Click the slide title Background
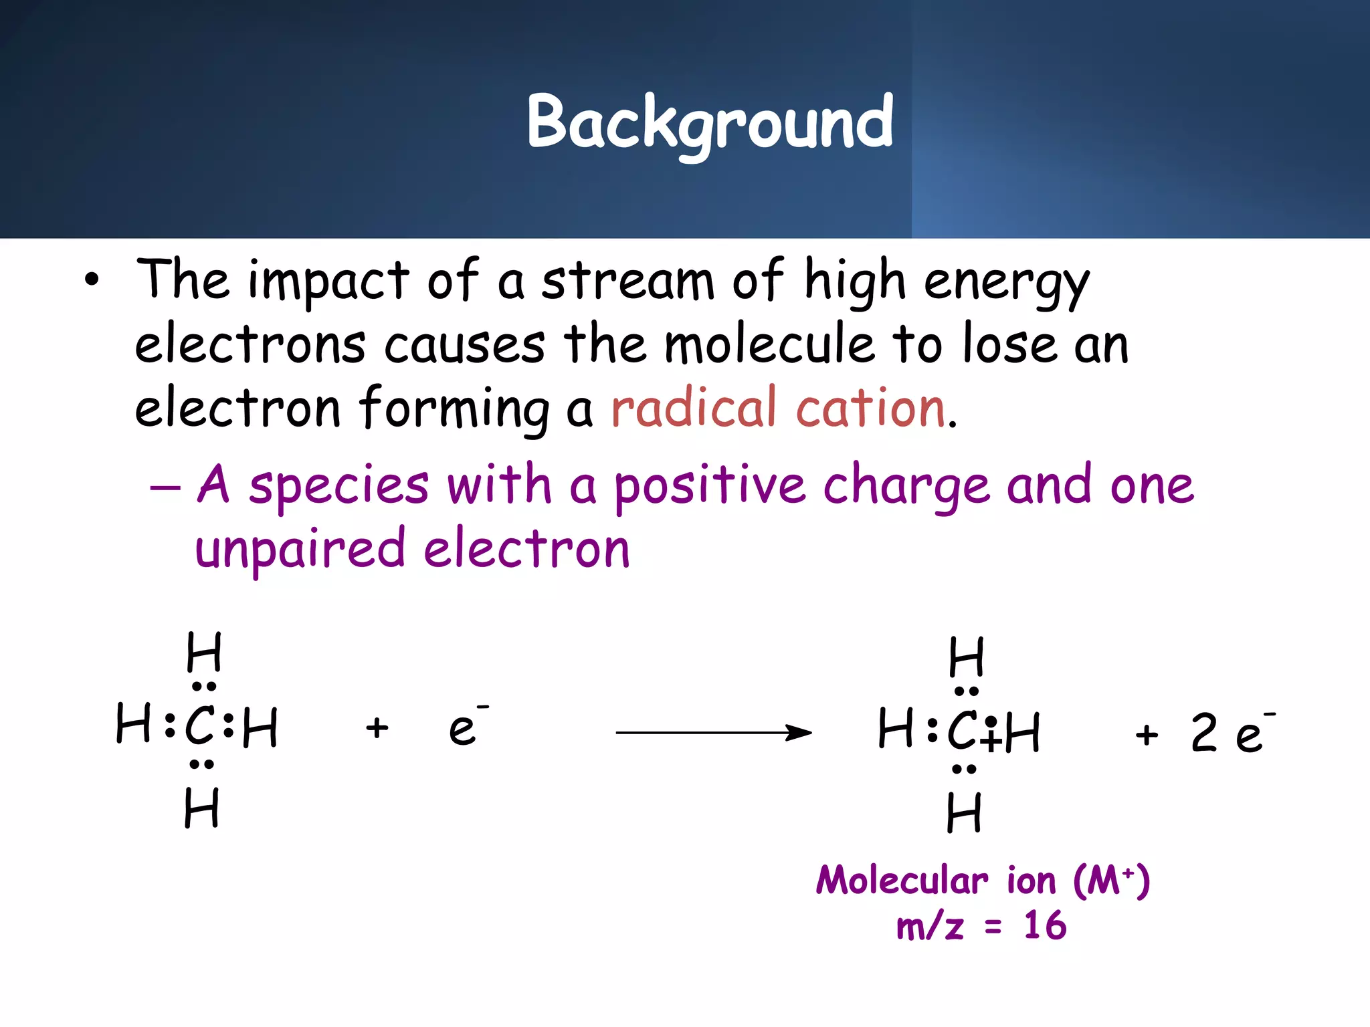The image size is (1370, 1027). pyautogui.click(x=710, y=122)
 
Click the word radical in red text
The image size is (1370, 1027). pyautogui.click(x=693, y=408)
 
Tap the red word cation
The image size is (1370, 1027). pyautogui.click(x=870, y=408)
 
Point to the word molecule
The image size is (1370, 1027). pyautogui.click(x=769, y=344)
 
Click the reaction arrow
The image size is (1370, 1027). pyautogui.click(x=713, y=733)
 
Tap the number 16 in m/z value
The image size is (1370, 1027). pyautogui.click(x=1045, y=926)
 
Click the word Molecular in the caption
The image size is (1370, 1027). pyautogui.click(x=902, y=880)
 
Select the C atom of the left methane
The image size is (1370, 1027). pyautogui.click(x=200, y=726)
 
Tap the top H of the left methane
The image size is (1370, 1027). pyautogui.click(x=203, y=652)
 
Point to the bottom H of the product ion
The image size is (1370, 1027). pyautogui.click(x=964, y=812)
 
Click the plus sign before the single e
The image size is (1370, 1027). pyautogui.click(x=377, y=727)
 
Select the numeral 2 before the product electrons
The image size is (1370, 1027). pyautogui.click(x=1204, y=733)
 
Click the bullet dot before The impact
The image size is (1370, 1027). pyautogui.click(x=92, y=281)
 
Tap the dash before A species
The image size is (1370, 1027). pyautogui.click(x=165, y=487)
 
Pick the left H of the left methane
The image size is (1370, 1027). pyautogui.click(x=132, y=723)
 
